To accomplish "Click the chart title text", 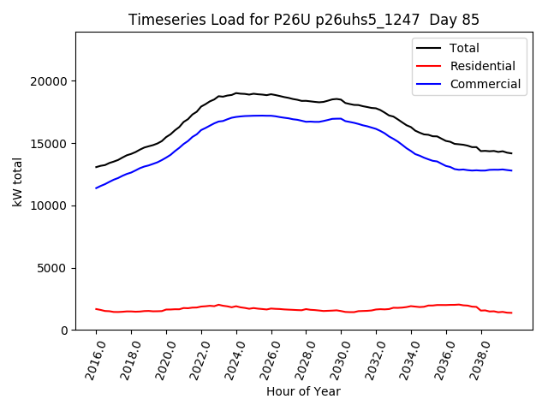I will click(304, 20).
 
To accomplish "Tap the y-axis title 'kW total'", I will click(18, 182).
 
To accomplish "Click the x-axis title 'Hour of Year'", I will click(303, 391).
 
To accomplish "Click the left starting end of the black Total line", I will click(96, 167).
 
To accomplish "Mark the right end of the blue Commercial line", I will click(512, 170).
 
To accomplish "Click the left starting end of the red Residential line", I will click(96, 309).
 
